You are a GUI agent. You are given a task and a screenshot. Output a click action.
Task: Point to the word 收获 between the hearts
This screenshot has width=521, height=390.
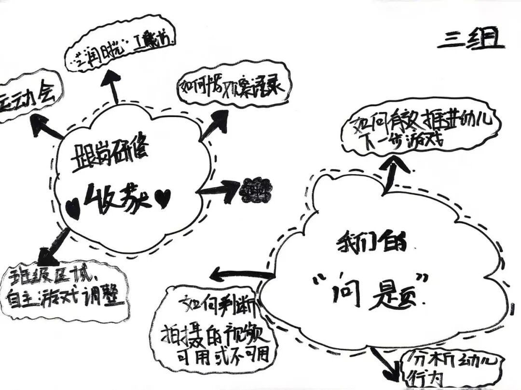point(118,197)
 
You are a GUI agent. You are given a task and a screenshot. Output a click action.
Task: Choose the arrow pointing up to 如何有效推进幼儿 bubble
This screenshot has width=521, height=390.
point(393,171)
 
